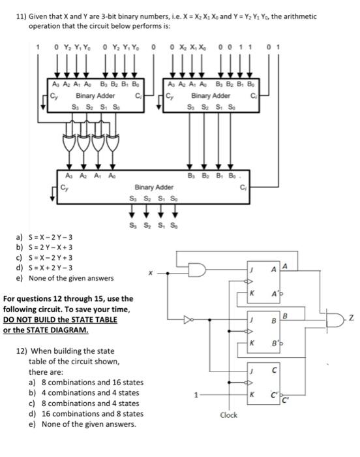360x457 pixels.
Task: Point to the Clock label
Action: [229, 415]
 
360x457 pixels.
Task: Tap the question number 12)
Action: [23, 350]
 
